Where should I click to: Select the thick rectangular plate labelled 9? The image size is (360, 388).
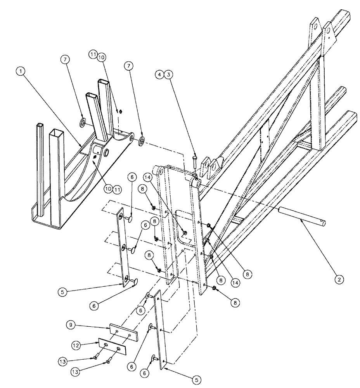pos(123,331)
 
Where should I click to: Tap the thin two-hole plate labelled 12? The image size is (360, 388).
pos(112,346)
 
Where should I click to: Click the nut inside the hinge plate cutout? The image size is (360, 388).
pos(185,232)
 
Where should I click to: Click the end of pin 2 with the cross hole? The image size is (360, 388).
pos(321,222)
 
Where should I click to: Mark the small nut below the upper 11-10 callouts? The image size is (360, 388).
pos(121,112)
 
